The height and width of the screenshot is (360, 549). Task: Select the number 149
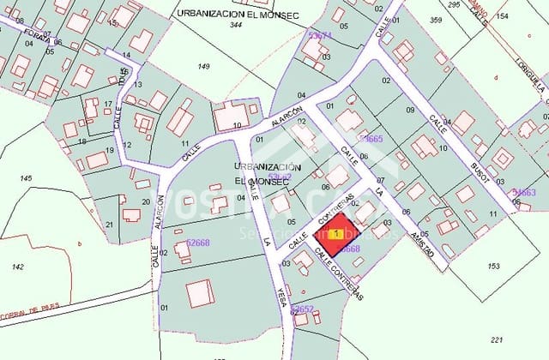click(203, 66)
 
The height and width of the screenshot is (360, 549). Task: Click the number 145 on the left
click(26, 178)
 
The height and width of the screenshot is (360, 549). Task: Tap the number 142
click(17, 267)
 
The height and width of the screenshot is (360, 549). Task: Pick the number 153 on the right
click(493, 267)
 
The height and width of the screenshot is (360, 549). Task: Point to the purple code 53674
click(320, 36)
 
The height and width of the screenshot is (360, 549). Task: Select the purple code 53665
click(371, 138)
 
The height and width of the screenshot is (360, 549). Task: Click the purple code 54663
click(523, 193)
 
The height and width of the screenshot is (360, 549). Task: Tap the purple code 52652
click(303, 309)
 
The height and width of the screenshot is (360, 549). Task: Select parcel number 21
click(109, 225)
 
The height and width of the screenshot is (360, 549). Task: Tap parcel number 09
click(410, 110)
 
